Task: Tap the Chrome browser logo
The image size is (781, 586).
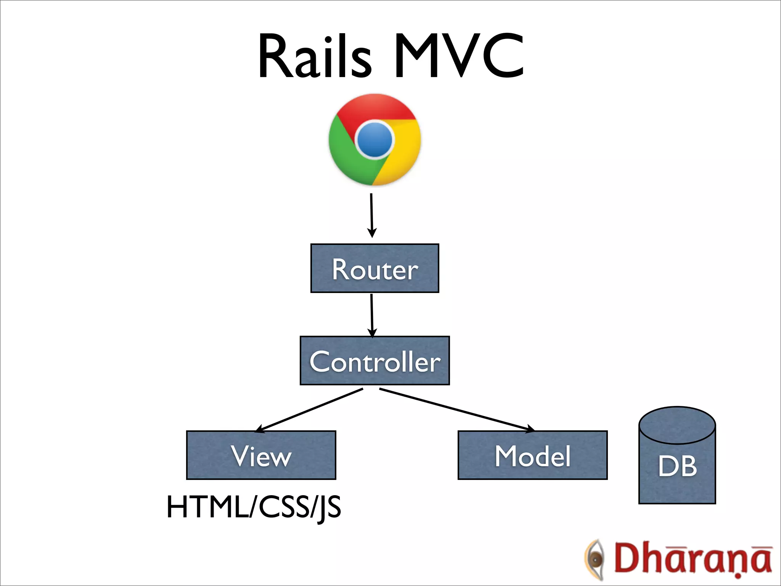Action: [374, 140]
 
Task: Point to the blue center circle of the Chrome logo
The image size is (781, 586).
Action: [374, 140]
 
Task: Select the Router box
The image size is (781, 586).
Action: [374, 268]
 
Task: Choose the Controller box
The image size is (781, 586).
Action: [374, 361]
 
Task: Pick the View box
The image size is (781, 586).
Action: [261, 455]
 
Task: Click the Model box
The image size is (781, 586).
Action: [532, 455]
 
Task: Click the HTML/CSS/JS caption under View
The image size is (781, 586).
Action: [254, 507]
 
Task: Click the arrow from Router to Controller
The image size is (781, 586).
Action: [372, 315]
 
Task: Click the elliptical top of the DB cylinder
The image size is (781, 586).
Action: [677, 425]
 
